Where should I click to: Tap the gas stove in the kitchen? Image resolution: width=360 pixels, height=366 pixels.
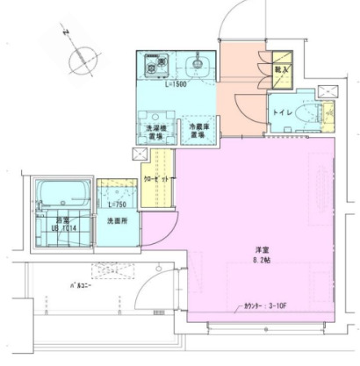tap(156, 65)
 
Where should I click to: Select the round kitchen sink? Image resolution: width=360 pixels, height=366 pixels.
tap(197, 62)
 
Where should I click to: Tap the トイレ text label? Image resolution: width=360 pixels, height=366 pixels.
tap(284, 112)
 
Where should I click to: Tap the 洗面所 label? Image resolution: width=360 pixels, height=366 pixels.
tap(117, 220)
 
